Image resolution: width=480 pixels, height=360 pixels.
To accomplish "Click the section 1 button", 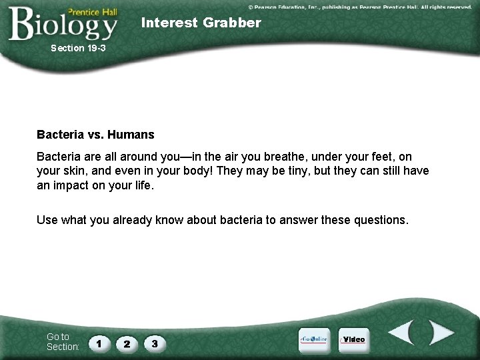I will click(99, 343).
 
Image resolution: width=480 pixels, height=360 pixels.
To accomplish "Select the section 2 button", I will click(127, 343).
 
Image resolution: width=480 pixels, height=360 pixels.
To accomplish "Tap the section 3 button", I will click(154, 343).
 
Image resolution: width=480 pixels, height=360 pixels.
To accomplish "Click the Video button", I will click(353, 339).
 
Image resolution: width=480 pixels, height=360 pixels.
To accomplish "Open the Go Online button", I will click(313, 339).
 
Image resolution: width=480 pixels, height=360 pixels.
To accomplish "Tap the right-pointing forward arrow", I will click(441, 333).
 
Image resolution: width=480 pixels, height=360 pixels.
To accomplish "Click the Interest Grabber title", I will click(201, 23).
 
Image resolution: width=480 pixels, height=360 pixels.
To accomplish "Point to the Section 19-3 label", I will click(78, 48).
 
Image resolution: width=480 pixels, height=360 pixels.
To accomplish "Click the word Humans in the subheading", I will click(131, 135).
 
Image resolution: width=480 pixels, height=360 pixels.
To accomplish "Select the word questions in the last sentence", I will click(377, 219).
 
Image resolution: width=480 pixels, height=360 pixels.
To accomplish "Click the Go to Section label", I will click(63, 341).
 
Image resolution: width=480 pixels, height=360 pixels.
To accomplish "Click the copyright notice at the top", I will click(360, 7).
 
